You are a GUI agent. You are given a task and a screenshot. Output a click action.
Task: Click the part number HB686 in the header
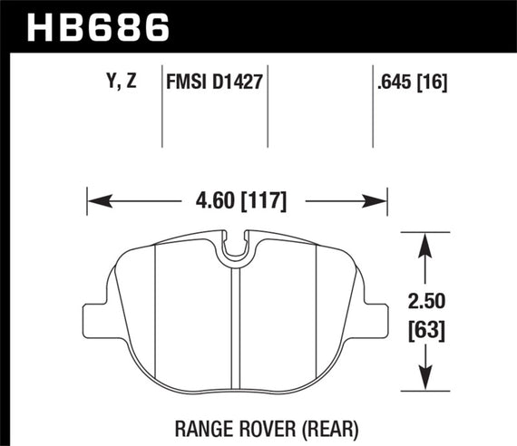tap(100, 27)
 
